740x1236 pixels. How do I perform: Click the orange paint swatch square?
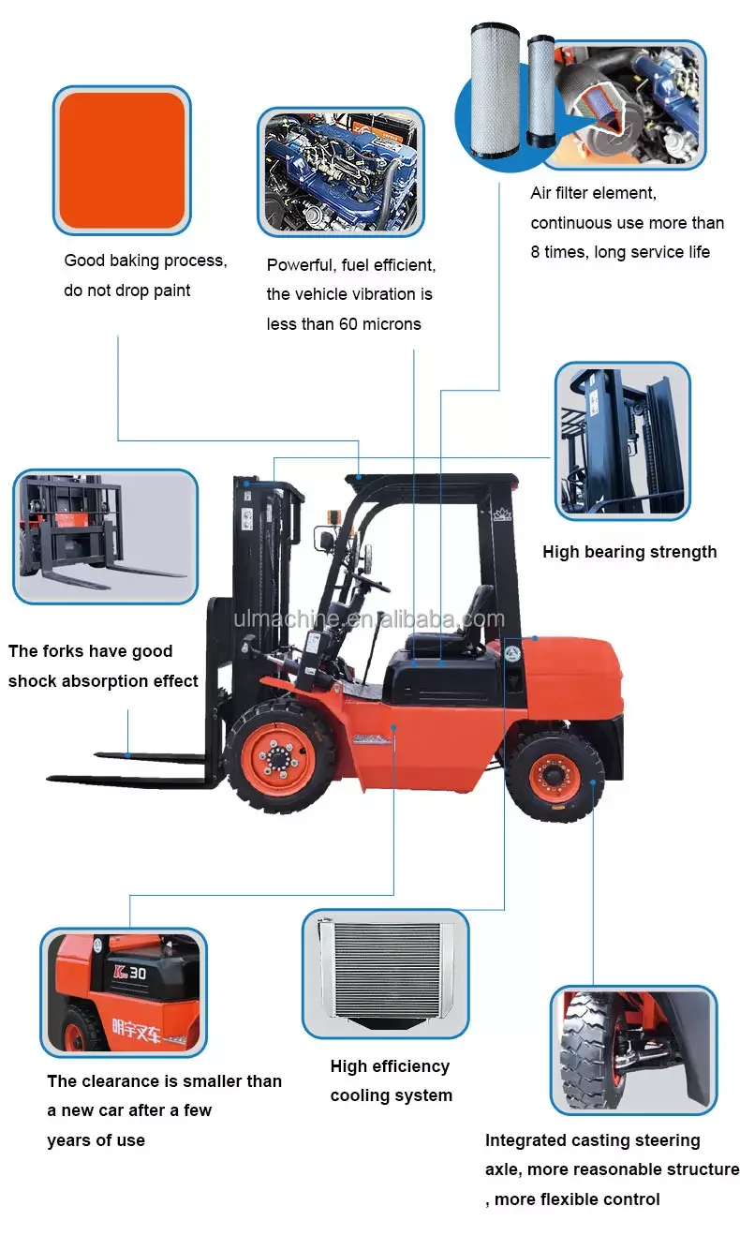click(122, 160)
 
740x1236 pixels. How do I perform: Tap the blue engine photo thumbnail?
click(341, 172)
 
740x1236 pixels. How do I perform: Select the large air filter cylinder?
click(495, 91)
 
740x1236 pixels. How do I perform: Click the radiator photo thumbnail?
click(385, 974)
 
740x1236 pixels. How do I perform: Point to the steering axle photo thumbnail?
click(633, 1050)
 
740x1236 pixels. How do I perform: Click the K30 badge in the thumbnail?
click(130, 974)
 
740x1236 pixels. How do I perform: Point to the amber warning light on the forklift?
click(334, 517)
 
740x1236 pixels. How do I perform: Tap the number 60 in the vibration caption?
click(348, 324)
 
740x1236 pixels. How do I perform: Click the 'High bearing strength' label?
click(629, 552)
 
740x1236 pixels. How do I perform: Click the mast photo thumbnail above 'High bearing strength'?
click(623, 440)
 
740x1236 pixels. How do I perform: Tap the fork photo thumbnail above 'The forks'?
click(105, 536)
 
